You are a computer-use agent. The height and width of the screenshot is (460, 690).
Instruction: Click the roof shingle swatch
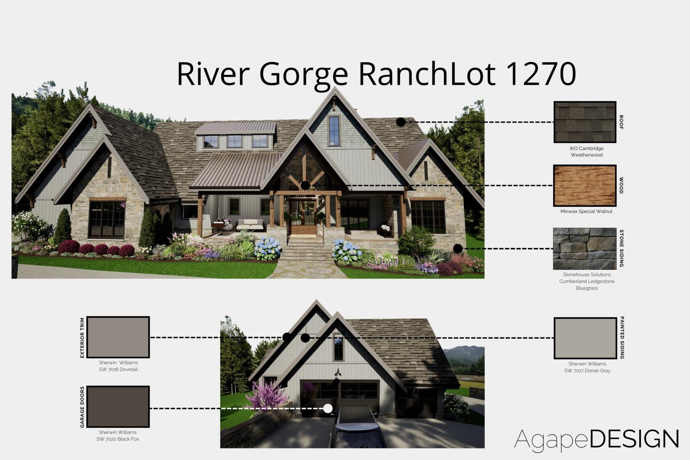tap(585, 122)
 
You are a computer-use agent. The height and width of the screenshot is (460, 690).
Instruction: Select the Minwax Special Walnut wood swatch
tap(585, 186)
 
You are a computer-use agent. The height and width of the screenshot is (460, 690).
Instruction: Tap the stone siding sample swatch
tap(585, 249)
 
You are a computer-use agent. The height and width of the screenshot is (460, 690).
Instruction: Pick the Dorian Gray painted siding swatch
tap(586, 338)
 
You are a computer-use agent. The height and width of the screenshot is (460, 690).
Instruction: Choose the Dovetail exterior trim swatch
tap(118, 337)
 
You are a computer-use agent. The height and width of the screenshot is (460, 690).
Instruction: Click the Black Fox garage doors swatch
tap(118, 407)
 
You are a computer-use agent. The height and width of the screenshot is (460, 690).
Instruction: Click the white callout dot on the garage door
tap(328, 408)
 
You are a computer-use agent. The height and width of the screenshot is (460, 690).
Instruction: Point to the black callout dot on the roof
tap(401, 122)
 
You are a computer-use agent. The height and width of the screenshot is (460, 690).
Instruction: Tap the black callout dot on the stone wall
tap(458, 249)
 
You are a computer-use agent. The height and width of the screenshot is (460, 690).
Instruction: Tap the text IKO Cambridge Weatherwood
tap(587, 152)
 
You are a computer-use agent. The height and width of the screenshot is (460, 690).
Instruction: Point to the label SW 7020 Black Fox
tap(118, 439)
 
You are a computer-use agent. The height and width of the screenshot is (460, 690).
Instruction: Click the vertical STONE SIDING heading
tap(622, 249)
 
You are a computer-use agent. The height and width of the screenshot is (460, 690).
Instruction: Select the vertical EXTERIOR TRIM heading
tap(82, 337)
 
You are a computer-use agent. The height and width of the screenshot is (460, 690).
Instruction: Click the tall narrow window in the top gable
tap(334, 131)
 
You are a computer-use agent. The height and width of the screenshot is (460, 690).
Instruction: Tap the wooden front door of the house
tap(304, 217)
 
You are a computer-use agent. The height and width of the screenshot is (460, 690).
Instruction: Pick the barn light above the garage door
tap(337, 373)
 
